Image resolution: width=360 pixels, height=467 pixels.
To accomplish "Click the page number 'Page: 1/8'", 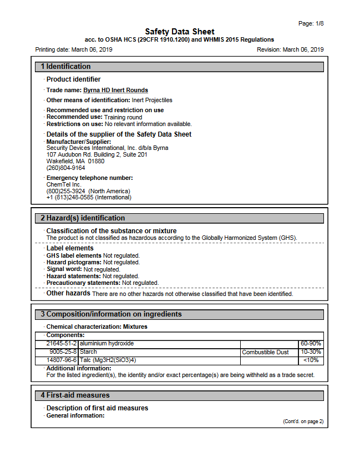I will click(x=311, y=23).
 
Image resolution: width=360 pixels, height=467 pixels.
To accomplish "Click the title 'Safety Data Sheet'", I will click(x=180, y=32).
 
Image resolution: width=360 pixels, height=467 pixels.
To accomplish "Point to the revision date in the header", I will click(x=303, y=50).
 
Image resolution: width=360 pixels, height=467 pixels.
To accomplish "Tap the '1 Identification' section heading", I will click(x=65, y=67).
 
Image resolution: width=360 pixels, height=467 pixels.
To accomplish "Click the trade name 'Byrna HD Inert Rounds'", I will click(x=115, y=90).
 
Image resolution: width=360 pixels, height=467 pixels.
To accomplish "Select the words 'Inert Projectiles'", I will click(x=152, y=100).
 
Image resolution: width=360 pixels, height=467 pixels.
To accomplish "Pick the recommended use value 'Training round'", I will click(x=123, y=117).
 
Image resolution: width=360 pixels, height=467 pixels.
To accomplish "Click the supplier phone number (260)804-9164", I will click(x=65, y=168).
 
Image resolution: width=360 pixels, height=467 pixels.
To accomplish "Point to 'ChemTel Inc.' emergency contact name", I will click(x=64, y=184).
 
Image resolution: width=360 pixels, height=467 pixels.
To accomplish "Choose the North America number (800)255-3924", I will click(x=65, y=191).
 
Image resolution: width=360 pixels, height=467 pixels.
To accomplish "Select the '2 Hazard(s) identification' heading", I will click(x=83, y=218).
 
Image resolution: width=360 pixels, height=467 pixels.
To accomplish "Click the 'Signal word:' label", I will click(x=64, y=269).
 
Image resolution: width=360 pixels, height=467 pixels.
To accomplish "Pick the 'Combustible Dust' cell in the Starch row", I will click(x=265, y=352).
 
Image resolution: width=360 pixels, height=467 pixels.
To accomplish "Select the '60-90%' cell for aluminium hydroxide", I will click(x=311, y=344).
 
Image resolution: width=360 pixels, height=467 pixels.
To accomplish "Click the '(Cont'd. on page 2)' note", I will click(x=303, y=421).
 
